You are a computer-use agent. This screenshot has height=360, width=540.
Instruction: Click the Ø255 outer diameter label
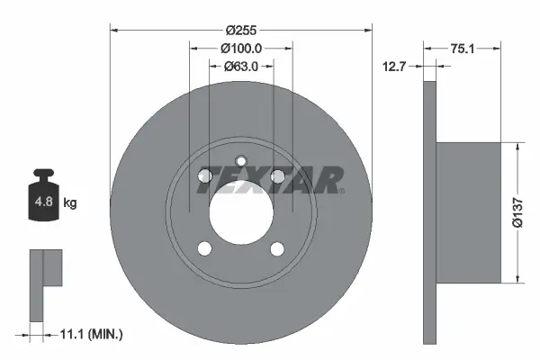tap(241, 18)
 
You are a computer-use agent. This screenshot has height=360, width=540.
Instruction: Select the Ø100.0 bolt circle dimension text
tap(241, 48)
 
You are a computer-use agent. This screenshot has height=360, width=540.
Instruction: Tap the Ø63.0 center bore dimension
tap(241, 66)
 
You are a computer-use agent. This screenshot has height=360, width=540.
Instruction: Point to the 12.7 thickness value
tap(392, 66)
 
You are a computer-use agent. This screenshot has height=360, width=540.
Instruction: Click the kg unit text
tap(70, 203)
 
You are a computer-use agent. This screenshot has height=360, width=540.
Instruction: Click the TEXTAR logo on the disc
tap(270, 180)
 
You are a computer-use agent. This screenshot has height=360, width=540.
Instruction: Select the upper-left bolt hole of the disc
tap(204, 175)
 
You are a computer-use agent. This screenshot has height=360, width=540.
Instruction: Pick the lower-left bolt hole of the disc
tap(204, 249)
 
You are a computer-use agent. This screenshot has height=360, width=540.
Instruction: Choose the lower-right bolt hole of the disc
tap(277, 249)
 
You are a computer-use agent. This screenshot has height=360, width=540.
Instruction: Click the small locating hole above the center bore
tap(241, 162)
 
